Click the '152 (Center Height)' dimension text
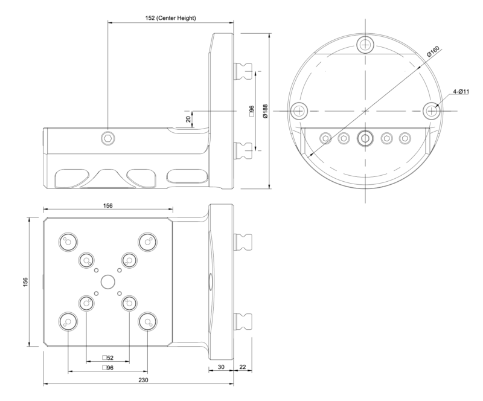click(x=161, y=18)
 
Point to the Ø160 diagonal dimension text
click(x=434, y=53)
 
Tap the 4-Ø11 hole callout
click(x=464, y=92)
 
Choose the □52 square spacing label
click(x=108, y=358)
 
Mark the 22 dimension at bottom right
click(x=242, y=366)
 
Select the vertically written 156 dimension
click(x=25, y=283)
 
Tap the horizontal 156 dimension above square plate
click(x=108, y=206)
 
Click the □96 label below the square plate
click(x=108, y=368)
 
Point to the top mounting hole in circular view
click(x=366, y=43)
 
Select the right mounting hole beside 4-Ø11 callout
click(x=431, y=111)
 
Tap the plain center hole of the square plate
click(x=108, y=281)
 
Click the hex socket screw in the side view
click(x=108, y=139)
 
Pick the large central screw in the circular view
click(x=365, y=138)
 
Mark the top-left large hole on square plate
click(x=68, y=242)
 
